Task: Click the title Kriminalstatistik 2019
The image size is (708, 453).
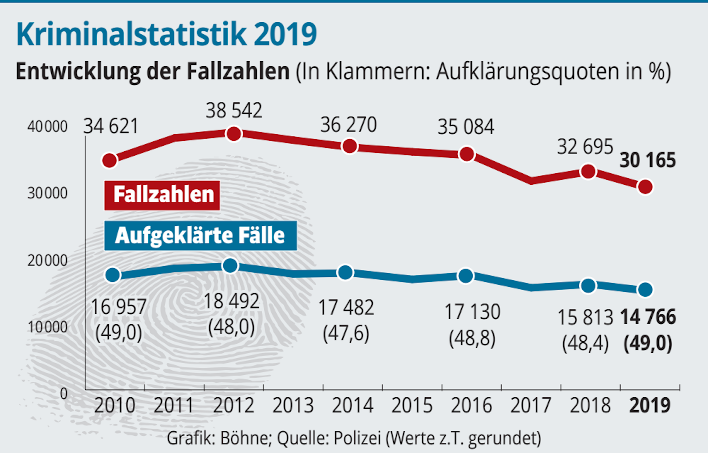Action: coord(166,34)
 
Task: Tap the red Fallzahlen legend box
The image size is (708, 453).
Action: coord(162,195)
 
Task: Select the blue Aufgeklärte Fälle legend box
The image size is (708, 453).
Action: coord(200,236)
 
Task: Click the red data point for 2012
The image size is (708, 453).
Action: coord(234,134)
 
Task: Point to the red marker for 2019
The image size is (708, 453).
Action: coord(645,187)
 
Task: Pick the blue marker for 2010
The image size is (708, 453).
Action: coord(113,275)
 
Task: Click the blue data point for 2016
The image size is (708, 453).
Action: coord(466,276)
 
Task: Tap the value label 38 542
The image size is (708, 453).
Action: coord(234,111)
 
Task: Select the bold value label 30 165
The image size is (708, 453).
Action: coord(647,160)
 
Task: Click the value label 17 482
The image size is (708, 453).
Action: coord(346,308)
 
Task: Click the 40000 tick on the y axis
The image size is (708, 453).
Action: coord(47,127)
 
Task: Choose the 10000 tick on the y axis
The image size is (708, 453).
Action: coord(47,327)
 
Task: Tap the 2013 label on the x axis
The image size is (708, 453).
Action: coord(293,406)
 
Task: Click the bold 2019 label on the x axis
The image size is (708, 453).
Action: coord(650,406)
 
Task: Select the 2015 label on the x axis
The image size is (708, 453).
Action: coord(412,406)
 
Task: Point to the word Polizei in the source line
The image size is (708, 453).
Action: coord(357,438)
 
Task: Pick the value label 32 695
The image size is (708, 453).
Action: coord(585,147)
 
